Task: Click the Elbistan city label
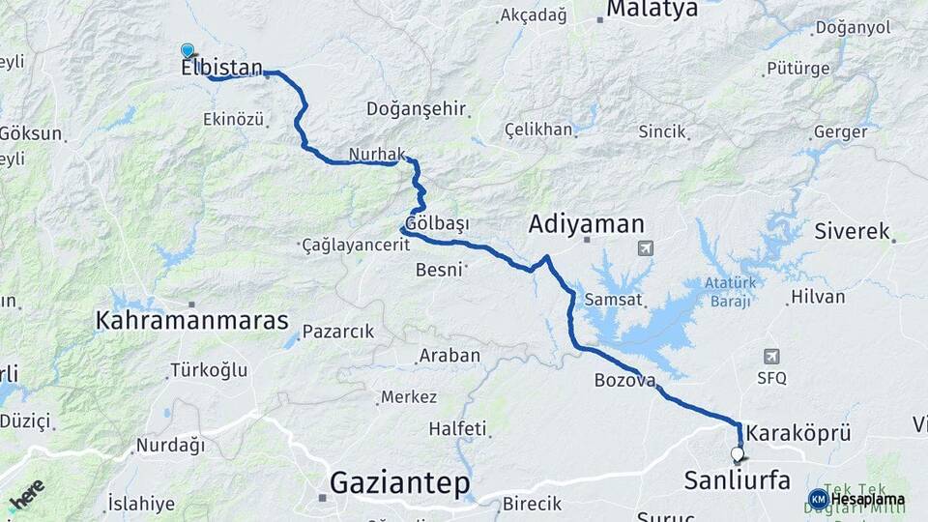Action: click(x=221, y=69)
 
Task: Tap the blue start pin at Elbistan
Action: click(x=188, y=50)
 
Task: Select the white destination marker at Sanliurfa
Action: click(x=738, y=453)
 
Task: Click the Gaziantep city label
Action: click(x=399, y=481)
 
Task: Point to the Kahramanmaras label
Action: click(x=192, y=320)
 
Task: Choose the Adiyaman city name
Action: click(x=586, y=225)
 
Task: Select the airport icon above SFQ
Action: click(x=771, y=357)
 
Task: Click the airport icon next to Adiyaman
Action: click(x=645, y=248)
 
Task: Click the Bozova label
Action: click(x=624, y=381)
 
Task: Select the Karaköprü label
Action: click(x=798, y=433)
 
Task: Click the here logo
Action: click(x=26, y=494)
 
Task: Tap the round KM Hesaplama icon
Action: click(x=818, y=500)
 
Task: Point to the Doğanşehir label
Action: click(x=417, y=108)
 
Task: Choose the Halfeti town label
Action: click(x=456, y=427)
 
